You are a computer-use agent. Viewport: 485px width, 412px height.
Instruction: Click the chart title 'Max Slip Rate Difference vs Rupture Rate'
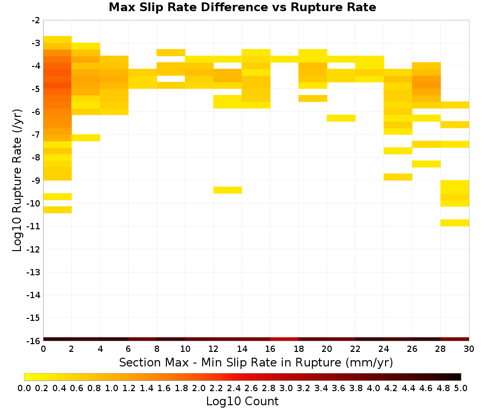242,7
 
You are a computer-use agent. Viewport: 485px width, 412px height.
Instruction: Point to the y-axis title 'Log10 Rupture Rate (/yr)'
17,180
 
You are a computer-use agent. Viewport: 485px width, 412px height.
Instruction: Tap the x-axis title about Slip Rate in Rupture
256,362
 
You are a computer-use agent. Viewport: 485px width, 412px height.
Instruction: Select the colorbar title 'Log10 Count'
242,401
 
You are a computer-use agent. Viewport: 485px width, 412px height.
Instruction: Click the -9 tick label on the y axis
36,180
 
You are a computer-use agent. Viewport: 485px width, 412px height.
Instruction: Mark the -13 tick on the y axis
34,272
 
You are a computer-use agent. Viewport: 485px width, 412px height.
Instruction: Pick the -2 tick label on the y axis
36,20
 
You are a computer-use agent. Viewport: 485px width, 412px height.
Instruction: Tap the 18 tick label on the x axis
298,349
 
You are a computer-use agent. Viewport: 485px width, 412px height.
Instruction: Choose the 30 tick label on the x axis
469,349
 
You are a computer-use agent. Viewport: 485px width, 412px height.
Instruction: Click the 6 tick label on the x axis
129,349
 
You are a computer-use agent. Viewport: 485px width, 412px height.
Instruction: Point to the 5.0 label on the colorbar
461,388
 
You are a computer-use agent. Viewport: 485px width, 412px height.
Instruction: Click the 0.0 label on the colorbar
24,388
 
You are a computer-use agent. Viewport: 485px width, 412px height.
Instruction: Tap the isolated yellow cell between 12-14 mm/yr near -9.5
227,190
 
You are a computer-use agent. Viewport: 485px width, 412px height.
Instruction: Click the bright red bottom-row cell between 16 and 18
284,339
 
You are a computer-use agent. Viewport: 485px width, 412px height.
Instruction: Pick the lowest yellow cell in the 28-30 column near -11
455,223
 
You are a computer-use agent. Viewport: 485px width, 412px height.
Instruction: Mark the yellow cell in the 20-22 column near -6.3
341,118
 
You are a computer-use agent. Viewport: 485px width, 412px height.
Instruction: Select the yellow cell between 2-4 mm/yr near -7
86,138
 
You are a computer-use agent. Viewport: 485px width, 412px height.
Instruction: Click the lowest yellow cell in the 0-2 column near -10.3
58,209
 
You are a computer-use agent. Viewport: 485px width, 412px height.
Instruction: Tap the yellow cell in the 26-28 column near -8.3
426,164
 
